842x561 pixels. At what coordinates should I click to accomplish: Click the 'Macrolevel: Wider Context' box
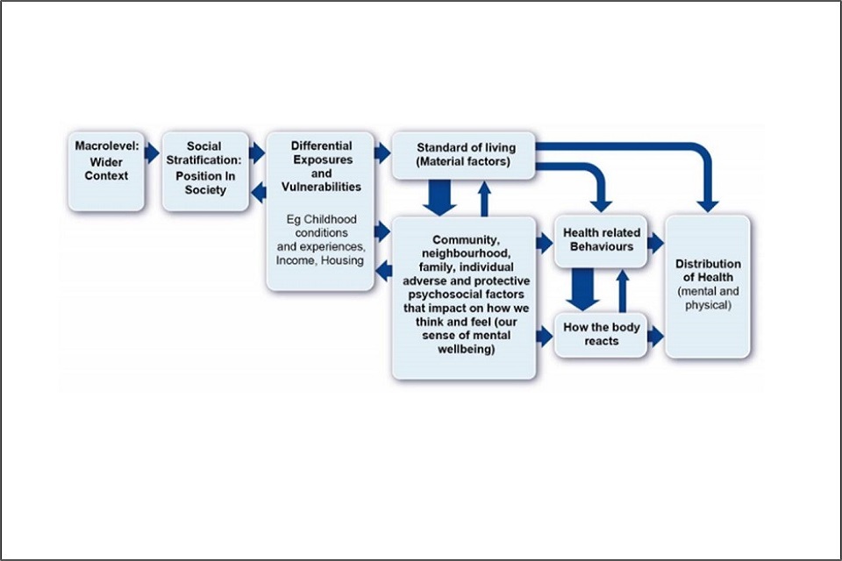click(106, 172)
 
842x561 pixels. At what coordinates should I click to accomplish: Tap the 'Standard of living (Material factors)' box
click(463, 155)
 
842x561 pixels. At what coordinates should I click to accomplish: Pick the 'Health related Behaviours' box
click(601, 239)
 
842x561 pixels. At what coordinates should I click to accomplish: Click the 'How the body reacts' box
click(601, 334)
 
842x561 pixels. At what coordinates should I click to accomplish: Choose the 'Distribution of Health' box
click(708, 286)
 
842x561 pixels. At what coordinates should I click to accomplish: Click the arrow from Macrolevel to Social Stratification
click(153, 153)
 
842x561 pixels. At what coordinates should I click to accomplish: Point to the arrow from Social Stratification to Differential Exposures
click(257, 153)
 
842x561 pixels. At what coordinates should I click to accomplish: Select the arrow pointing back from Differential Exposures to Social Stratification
click(258, 191)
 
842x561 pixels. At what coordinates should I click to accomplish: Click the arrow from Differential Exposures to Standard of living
click(382, 153)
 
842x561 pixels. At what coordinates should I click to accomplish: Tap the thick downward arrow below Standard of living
click(440, 198)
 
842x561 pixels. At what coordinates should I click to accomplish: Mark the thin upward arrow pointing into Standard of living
click(483, 196)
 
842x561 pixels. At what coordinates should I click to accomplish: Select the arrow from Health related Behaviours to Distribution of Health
click(656, 243)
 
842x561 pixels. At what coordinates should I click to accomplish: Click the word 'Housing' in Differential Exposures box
click(345, 261)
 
